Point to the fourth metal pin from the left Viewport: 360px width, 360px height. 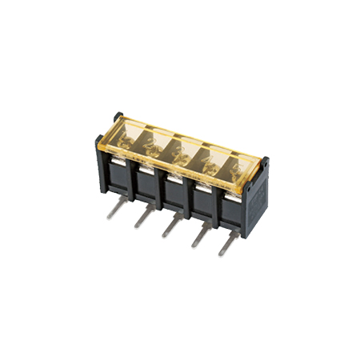pos(197,235)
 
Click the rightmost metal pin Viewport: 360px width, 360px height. pos(224,244)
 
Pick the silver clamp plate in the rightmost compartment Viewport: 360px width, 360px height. pos(230,192)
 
